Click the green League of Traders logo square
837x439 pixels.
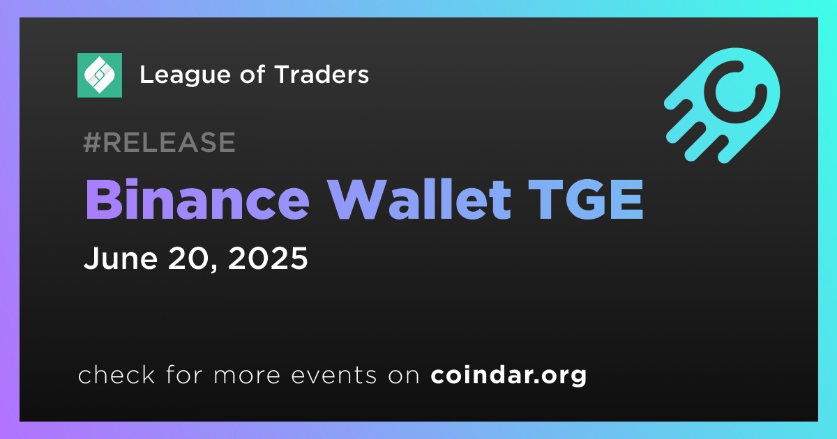(99, 75)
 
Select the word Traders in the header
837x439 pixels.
(322, 75)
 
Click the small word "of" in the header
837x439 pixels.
(252, 74)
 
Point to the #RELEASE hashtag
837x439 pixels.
(159, 142)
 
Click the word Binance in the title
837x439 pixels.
(197, 199)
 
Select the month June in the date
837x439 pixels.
(120, 258)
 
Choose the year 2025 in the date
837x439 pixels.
(268, 258)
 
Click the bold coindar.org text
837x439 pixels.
(508, 375)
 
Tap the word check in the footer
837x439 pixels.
(116, 374)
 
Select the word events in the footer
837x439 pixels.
(334, 375)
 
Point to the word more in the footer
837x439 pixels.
(247, 376)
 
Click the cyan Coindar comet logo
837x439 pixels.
(722, 105)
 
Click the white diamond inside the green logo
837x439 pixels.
(99, 75)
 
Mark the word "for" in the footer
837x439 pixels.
(184, 374)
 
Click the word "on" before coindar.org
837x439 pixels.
(404, 376)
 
